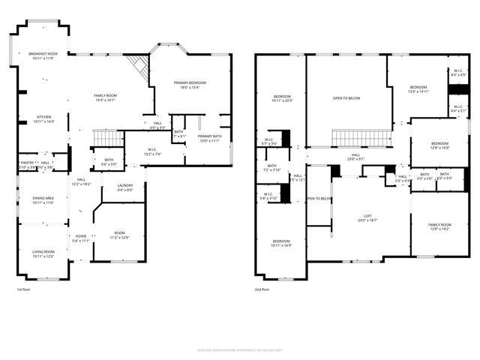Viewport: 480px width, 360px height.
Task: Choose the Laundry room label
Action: click(125, 187)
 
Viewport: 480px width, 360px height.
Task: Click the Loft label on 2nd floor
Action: click(367, 217)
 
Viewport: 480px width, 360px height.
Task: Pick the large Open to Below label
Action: click(346, 97)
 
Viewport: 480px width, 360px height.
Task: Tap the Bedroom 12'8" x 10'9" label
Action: click(439, 145)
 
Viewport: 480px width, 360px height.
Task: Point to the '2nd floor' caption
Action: click(262, 289)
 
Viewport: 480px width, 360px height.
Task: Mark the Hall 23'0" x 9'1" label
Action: click(355, 157)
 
